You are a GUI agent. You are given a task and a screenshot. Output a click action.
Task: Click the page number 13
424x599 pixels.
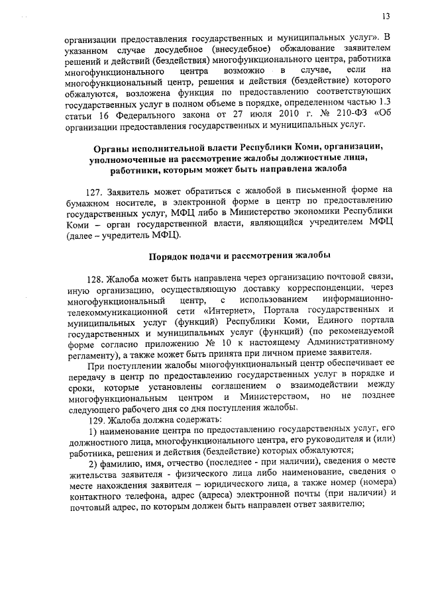click(386, 16)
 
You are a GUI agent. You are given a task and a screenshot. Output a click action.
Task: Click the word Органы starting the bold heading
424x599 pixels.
click(112, 146)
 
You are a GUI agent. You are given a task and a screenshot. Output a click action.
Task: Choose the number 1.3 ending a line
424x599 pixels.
click(383, 101)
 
